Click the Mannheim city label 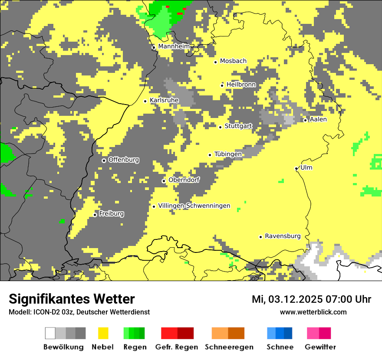click(x=174, y=46)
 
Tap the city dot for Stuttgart click(x=220, y=127)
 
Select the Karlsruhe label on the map click(x=164, y=100)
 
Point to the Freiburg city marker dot click(x=95, y=215)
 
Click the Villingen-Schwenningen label click(x=194, y=206)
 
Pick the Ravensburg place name click(x=283, y=236)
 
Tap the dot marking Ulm click(x=296, y=169)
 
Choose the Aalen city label click(x=318, y=119)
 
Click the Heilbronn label click(x=241, y=85)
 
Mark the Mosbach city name click(x=233, y=61)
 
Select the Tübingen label click(x=228, y=154)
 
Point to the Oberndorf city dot click(x=164, y=181)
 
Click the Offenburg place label click(x=124, y=160)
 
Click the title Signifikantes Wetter click(x=72, y=299)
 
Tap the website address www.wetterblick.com click(x=313, y=312)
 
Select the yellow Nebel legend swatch click(x=103, y=333)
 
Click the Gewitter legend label click(x=320, y=347)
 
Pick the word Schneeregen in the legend click(x=229, y=347)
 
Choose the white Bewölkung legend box click(x=50, y=333)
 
